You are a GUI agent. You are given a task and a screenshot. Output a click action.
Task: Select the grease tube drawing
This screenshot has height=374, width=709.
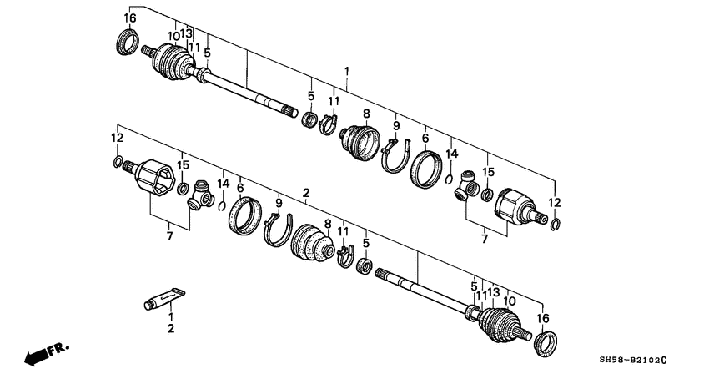163,296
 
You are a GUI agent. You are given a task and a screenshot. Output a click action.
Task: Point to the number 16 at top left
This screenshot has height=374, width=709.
129,18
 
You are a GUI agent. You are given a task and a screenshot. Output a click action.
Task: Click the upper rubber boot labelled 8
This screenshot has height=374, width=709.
360,139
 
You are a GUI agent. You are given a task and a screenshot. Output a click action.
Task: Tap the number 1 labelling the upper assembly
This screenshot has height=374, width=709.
346,71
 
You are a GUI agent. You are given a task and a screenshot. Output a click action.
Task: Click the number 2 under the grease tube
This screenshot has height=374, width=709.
171,329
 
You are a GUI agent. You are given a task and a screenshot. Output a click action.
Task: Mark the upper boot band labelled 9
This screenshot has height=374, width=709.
397,155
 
